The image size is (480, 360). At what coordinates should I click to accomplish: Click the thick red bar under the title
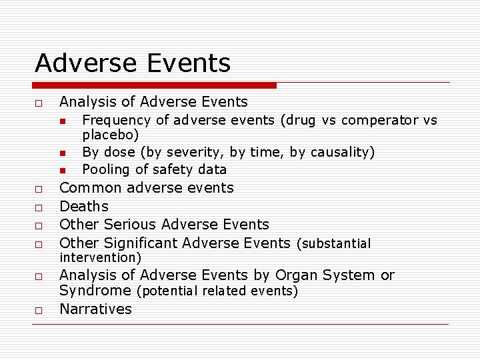[x=154, y=85]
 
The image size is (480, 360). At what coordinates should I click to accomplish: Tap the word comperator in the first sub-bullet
[x=380, y=121]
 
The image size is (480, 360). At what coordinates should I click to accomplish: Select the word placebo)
[x=111, y=135]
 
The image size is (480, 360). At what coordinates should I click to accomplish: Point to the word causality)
[x=341, y=153]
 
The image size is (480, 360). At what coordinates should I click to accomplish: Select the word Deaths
[x=84, y=207]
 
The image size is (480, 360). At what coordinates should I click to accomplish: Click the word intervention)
[x=101, y=257]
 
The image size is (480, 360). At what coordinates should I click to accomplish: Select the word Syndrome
[x=95, y=291]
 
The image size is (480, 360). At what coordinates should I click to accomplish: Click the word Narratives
[x=96, y=309]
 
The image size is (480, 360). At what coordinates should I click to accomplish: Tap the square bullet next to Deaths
[x=39, y=207]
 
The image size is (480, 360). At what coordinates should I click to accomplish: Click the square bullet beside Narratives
[x=39, y=310]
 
